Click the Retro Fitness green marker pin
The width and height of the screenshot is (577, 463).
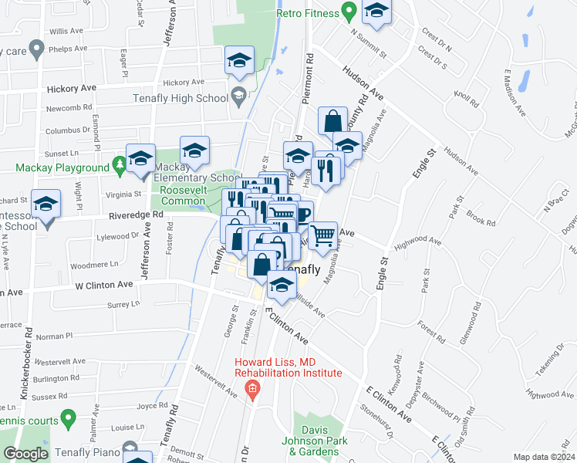pos(349,13)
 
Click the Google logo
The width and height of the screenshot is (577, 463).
pos(25,454)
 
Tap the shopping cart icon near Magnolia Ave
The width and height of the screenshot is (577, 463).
pos(323,234)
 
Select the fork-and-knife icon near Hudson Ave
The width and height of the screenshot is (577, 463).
pos(329,169)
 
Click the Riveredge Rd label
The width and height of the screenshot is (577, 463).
pos(136,215)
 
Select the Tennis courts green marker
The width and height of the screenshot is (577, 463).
pos(68,419)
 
